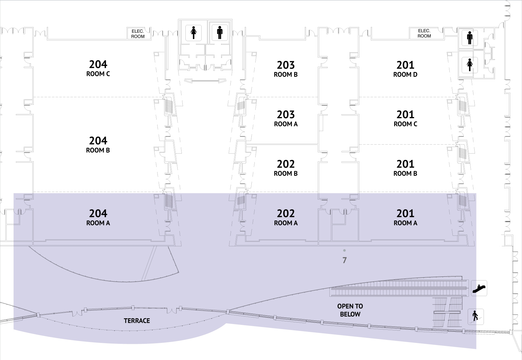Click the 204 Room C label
(98, 68)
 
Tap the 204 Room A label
(98, 217)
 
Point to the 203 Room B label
(286, 69)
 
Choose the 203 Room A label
(286, 118)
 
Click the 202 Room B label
(286, 168)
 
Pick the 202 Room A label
(286, 217)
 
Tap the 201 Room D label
(405, 69)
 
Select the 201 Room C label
(405, 118)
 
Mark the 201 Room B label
(405, 168)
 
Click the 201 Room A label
(405, 217)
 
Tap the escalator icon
(479, 288)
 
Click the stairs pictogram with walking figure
(476, 316)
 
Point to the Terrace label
(137, 321)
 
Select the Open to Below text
(350, 310)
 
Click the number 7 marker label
(344, 260)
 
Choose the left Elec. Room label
(138, 34)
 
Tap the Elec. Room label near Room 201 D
(424, 33)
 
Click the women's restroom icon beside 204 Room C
(194, 32)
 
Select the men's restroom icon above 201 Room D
(469, 37)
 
